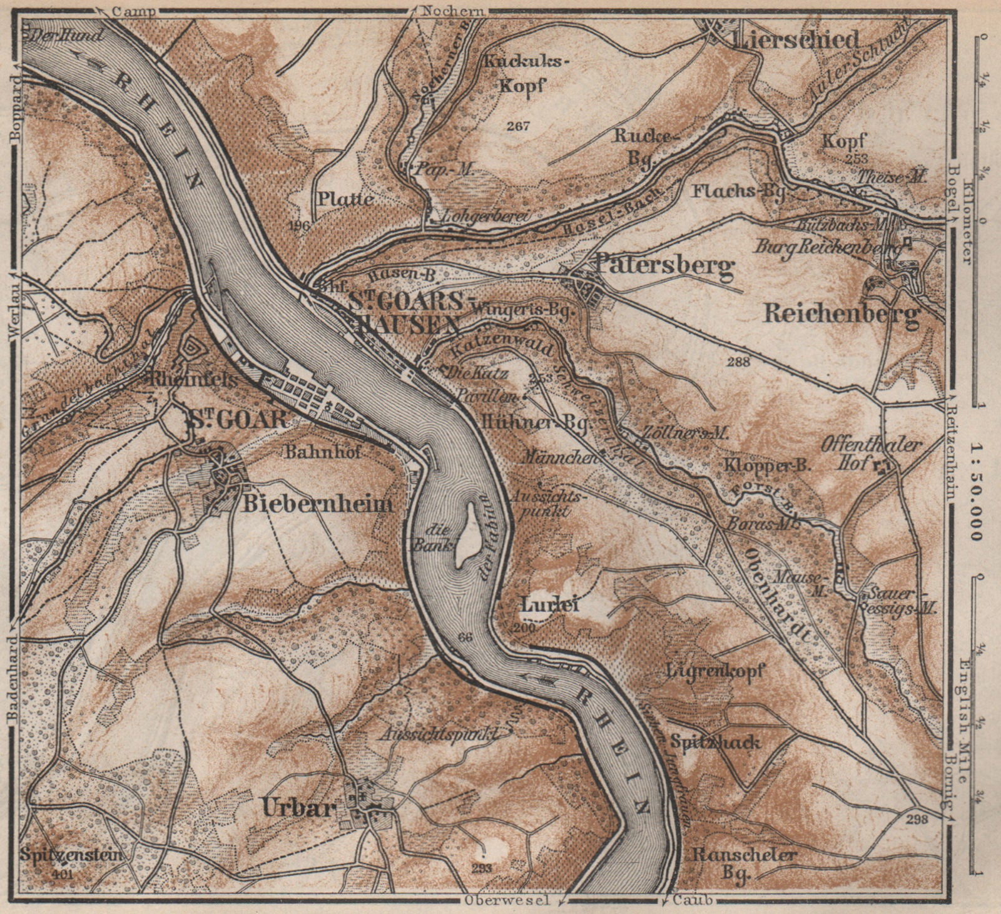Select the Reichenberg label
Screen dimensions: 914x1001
[x=841, y=313]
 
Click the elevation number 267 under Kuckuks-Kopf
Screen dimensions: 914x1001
[x=519, y=126]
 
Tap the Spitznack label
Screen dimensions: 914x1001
[x=716, y=743]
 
